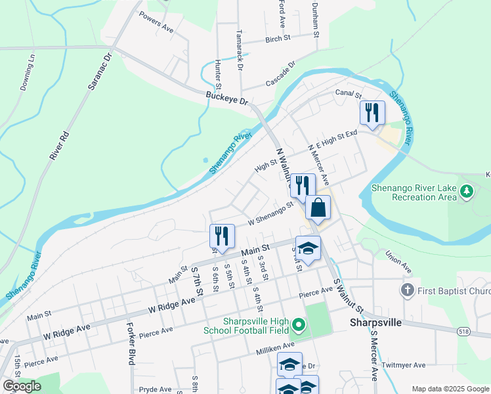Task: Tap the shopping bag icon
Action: click(318, 208)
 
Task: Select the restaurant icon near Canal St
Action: click(372, 112)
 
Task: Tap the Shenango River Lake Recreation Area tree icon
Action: click(467, 192)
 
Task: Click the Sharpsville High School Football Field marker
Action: click(299, 325)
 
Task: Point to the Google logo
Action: click(22, 386)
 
